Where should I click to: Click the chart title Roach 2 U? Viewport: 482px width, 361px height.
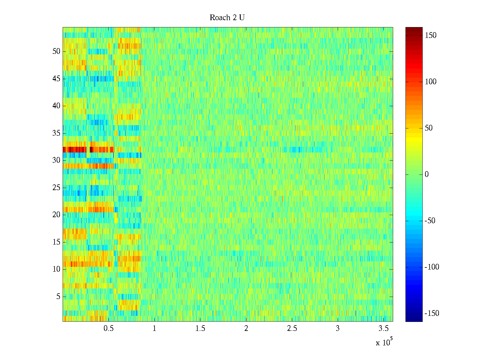[x=227, y=18]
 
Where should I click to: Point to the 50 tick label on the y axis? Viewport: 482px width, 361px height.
[x=56, y=51]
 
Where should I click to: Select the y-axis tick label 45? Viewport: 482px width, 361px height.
[x=56, y=79]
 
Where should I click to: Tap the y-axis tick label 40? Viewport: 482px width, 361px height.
[x=56, y=106]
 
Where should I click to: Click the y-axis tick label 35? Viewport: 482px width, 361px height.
[x=56, y=133]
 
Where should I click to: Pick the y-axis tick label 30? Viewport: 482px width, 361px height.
[x=56, y=160]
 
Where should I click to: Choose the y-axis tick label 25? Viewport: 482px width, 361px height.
[x=56, y=188]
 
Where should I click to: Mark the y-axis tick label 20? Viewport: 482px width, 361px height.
[x=56, y=215]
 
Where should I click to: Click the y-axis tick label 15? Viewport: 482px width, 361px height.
[x=56, y=242]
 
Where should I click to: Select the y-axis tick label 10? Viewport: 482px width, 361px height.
[x=56, y=269]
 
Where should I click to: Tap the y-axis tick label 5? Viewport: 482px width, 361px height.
[x=58, y=297]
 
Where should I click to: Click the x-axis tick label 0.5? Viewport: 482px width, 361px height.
[x=109, y=329]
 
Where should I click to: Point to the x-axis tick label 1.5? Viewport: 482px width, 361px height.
[x=200, y=329]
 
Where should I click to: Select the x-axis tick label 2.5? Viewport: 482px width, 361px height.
[x=292, y=329]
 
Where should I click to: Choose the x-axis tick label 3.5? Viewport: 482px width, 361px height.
[x=383, y=329]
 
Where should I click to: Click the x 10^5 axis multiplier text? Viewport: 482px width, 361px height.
[x=384, y=342]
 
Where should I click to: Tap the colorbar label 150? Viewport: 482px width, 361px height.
[x=430, y=35]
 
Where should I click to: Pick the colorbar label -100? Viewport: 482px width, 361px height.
[x=432, y=267]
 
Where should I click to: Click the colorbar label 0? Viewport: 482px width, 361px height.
[x=427, y=174]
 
